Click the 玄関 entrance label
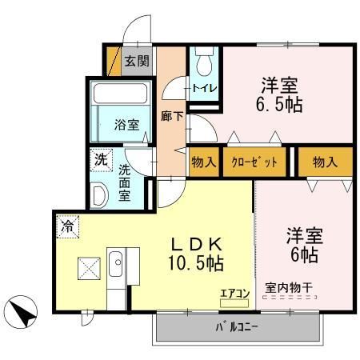click(x=137, y=61)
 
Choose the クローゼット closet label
click(x=255, y=162)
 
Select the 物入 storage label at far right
click(x=325, y=162)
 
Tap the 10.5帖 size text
click(x=195, y=262)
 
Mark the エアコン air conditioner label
click(x=234, y=294)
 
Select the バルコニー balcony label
click(x=241, y=328)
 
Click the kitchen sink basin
click(x=114, y=263)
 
